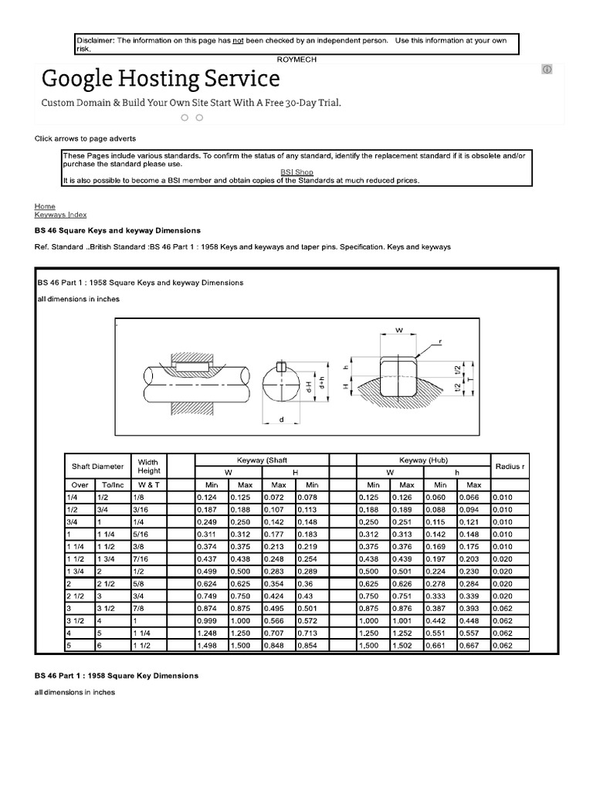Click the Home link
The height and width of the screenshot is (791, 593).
45,206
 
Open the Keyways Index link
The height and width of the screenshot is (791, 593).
61,215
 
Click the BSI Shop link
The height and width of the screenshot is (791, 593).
296,172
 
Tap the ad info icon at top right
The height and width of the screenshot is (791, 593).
547,70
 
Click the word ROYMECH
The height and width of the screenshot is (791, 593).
296,59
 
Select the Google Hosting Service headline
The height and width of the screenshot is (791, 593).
161,79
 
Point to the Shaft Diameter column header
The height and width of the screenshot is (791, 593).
97,467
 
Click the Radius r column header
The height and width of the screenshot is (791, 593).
511,467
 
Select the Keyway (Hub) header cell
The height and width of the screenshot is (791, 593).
423,460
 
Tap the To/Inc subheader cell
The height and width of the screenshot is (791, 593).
113,484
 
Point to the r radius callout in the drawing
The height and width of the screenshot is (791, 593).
440,341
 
